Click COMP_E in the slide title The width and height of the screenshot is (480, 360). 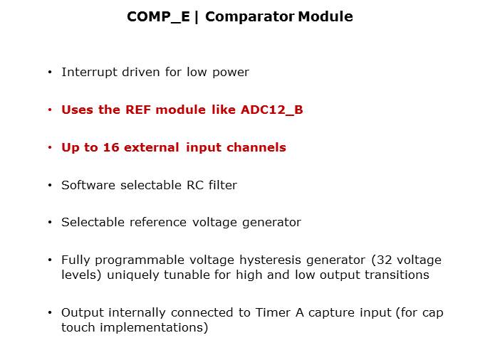(x=158, y=16)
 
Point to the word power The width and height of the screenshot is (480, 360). (x=231, y=72)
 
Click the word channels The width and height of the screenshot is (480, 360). (x=256, y=147)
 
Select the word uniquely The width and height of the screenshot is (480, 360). (x=128, y=275)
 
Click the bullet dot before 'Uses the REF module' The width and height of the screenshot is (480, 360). (x=50, y=110)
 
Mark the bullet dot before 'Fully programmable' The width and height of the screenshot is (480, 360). (x=50, y=261)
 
